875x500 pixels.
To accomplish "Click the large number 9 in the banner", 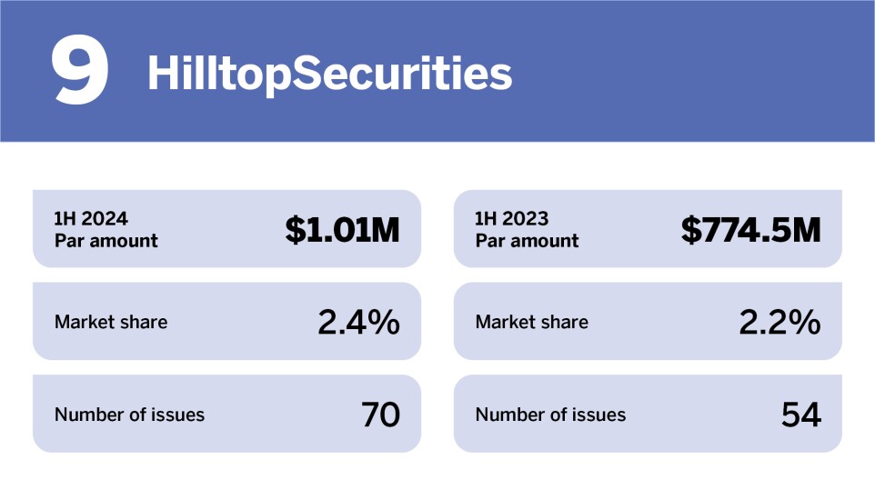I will (x=80, y=71).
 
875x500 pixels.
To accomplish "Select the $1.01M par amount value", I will (x=342, y=230).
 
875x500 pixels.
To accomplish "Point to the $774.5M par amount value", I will (x=750, y=230).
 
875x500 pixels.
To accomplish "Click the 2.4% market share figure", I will (x=358, y=322).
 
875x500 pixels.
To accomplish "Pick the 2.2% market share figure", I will (x=779, y=322).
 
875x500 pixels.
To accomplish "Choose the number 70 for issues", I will (x=380, y=415).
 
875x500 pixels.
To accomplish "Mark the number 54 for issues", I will (x=801, y=415).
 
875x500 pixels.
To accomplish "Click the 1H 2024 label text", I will (x=91, y=219).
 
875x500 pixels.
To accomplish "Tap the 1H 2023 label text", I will (x=512, y=219).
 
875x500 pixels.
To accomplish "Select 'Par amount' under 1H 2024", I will (x=106, y=241).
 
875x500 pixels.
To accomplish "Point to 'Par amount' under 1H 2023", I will (x=527, y=241).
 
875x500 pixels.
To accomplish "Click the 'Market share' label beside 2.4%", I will (x=111, y=322).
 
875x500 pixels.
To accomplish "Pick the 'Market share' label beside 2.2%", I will (x=532, y=322).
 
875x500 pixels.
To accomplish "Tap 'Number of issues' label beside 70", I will (x=129, y=415).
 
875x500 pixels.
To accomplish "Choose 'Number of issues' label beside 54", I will (x=550, y=415).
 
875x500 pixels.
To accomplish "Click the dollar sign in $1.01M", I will (x=295, y=230).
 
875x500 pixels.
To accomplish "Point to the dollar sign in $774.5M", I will (x=690, y=230).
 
